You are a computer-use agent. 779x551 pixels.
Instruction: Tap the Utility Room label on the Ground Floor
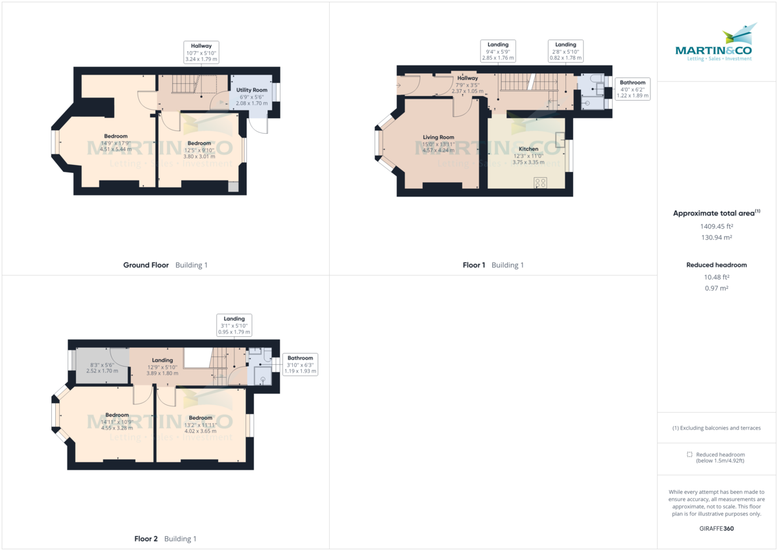coord(251,90)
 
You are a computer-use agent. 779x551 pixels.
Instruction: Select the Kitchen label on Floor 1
coord(528,149)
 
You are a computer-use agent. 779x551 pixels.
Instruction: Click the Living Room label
coord(438,138)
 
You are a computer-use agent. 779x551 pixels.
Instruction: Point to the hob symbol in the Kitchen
coord(540,183)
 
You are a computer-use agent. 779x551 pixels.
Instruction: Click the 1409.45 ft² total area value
coord(716,227)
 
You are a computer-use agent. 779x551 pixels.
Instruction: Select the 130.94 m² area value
coord(716,238)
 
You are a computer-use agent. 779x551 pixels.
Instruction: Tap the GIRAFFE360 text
coord(716,528)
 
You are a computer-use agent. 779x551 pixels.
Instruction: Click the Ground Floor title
coord(146,265)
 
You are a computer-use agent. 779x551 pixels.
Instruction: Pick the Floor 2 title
coord(146,539)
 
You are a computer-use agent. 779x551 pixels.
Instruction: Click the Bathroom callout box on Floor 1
coord(632,89)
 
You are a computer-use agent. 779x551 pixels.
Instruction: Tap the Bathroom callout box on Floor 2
coord(300,364)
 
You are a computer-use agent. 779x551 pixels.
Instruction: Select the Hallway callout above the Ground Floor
coord(201,52)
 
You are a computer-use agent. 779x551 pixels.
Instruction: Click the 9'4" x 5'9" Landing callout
coord(498,51)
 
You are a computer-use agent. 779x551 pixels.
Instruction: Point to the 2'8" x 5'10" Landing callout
coord(565,51)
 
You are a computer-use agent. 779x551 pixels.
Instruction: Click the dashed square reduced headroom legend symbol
coord(689,454)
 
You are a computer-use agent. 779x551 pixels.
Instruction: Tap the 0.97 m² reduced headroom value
coord(716,288)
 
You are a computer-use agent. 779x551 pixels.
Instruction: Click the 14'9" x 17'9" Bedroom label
coord(116,136)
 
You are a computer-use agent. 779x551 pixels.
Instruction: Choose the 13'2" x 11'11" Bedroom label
coord(200,418)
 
